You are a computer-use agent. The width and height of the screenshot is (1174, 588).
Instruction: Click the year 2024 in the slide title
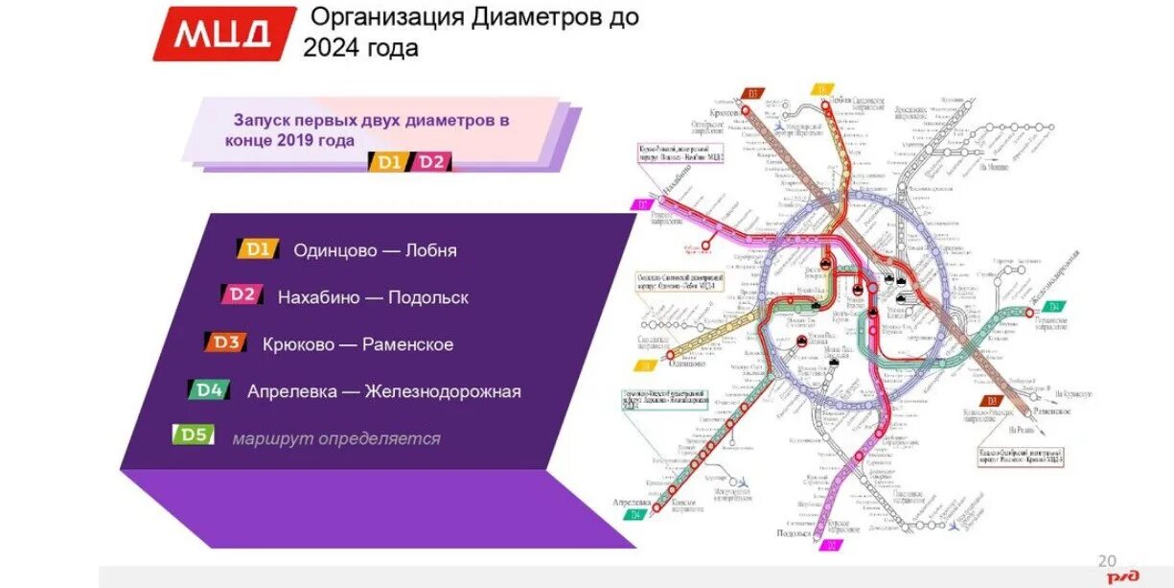335,48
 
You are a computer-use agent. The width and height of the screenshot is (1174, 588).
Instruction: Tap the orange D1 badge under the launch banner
388,162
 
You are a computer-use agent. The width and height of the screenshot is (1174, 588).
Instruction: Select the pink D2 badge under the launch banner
431,162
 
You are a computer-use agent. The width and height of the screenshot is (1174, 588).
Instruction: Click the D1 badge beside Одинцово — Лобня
258,249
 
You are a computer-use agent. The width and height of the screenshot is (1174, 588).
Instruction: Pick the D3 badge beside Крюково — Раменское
226,342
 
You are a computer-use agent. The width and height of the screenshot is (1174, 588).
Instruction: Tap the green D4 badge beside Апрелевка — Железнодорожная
210,389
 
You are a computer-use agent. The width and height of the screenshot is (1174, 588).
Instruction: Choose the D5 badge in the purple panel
194,435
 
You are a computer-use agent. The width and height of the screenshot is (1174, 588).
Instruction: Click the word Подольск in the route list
427,297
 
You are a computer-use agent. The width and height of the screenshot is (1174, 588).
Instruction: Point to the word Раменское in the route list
407,344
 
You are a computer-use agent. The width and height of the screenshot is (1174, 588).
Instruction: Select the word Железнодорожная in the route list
443,391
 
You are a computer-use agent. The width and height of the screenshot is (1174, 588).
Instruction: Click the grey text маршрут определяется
336,438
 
